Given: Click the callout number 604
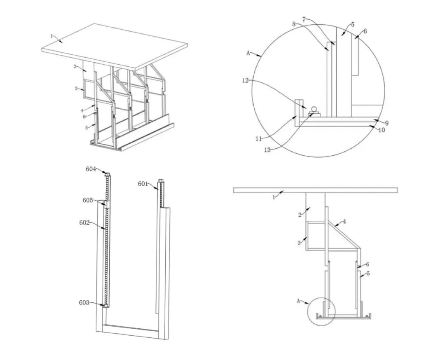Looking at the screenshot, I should pos(91,169).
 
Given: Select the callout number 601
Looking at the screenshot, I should pos(143,184).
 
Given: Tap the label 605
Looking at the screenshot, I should pos(88,200).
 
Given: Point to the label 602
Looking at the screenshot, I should pos(84,222).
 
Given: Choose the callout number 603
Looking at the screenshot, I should pos(84,302).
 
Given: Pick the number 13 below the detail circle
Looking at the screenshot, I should pos(267,150).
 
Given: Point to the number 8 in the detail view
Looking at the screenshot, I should pos(294,24).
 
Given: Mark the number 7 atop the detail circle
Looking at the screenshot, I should pos(304,19).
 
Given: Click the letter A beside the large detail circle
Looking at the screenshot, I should pos(248,53).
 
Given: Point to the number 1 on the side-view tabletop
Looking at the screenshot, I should pos(274,197).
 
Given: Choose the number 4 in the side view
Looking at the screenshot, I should pos(344,222).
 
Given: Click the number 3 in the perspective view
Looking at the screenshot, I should pos(76,89).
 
